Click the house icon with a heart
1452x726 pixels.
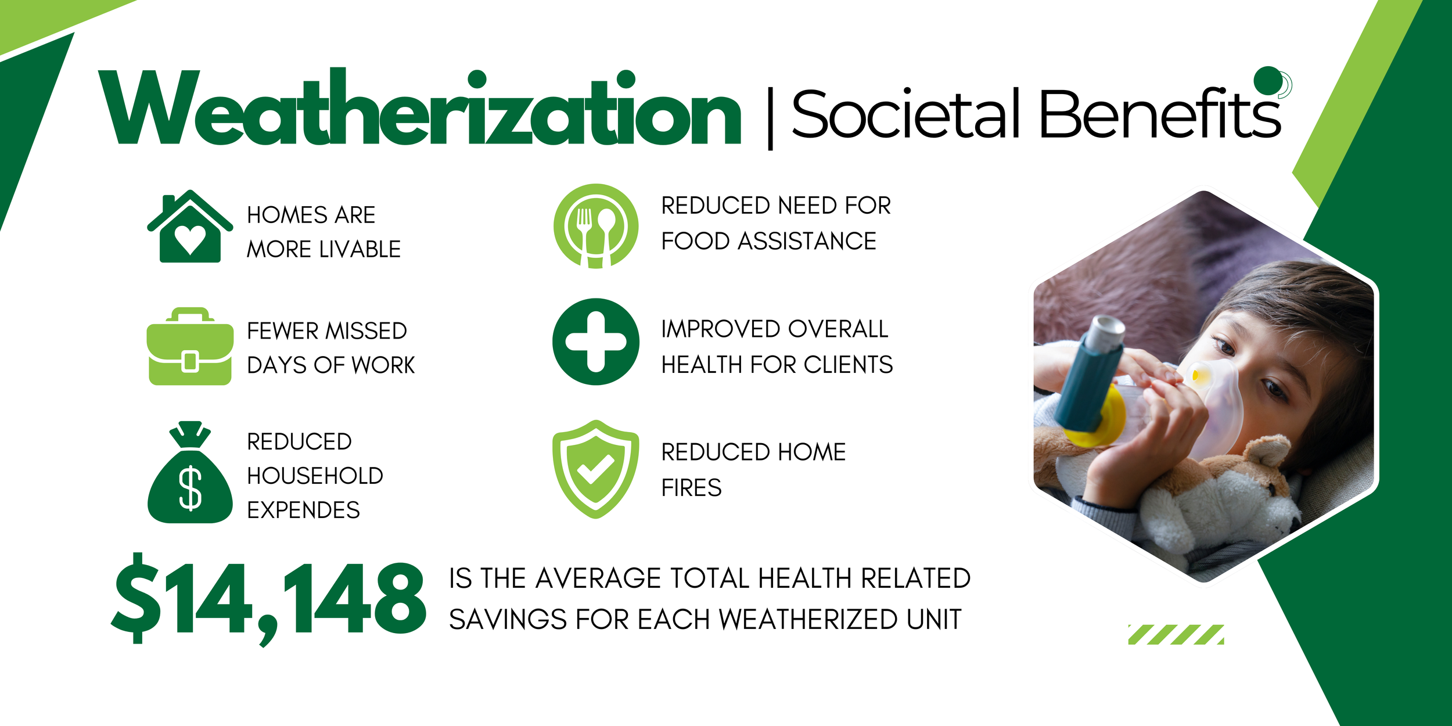(190, 228)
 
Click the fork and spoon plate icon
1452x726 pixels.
(595, 226)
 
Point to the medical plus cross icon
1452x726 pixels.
(595, 342)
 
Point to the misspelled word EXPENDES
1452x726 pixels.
(303, 510)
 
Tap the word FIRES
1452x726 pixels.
(691, 488)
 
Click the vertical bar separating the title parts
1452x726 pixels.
(770, 118)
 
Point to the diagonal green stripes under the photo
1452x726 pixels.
(1176, 635)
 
